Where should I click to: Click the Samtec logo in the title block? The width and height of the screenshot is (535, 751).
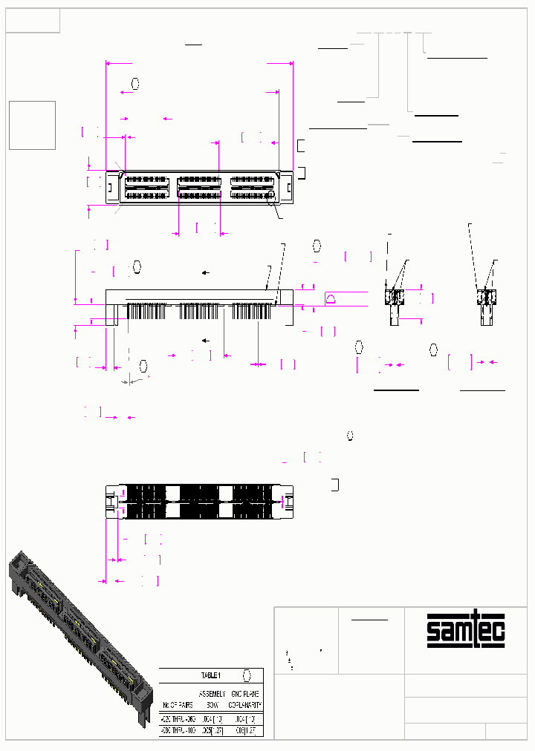pos(465,631)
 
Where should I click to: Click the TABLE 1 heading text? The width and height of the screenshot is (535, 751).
pos(212,675)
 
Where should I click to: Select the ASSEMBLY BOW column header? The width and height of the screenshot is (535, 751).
pos(212,698)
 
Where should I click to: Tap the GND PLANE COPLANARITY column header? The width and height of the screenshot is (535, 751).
pos(244,698)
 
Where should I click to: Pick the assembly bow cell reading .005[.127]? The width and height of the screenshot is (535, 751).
pos(211,730)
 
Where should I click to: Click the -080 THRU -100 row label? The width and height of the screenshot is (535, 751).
pos(177,730)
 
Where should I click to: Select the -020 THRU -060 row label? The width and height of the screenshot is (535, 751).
pos(177,718)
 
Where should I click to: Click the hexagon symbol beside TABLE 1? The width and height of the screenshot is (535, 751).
pos(248,675)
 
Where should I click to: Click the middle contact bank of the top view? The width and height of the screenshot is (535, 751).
pos(199,187)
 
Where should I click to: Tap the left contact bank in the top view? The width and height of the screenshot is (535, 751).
pos(146,187)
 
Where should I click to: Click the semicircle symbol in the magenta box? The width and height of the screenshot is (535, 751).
pos(331,298)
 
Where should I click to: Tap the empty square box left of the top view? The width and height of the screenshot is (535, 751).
pos(32,125)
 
